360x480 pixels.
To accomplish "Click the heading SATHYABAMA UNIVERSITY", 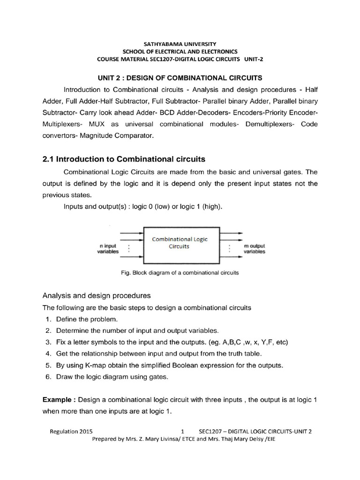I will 180,43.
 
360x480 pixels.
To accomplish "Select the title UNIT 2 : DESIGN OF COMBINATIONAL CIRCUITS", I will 180,77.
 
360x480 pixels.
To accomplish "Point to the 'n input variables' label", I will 109,248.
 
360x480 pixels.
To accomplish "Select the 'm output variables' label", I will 255,248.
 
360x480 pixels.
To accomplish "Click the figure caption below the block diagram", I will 180,272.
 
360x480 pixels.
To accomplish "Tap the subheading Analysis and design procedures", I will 97,296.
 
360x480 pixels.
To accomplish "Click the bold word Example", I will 59,400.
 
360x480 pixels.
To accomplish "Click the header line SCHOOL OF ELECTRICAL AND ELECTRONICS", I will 180,51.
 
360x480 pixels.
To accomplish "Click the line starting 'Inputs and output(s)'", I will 143,207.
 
